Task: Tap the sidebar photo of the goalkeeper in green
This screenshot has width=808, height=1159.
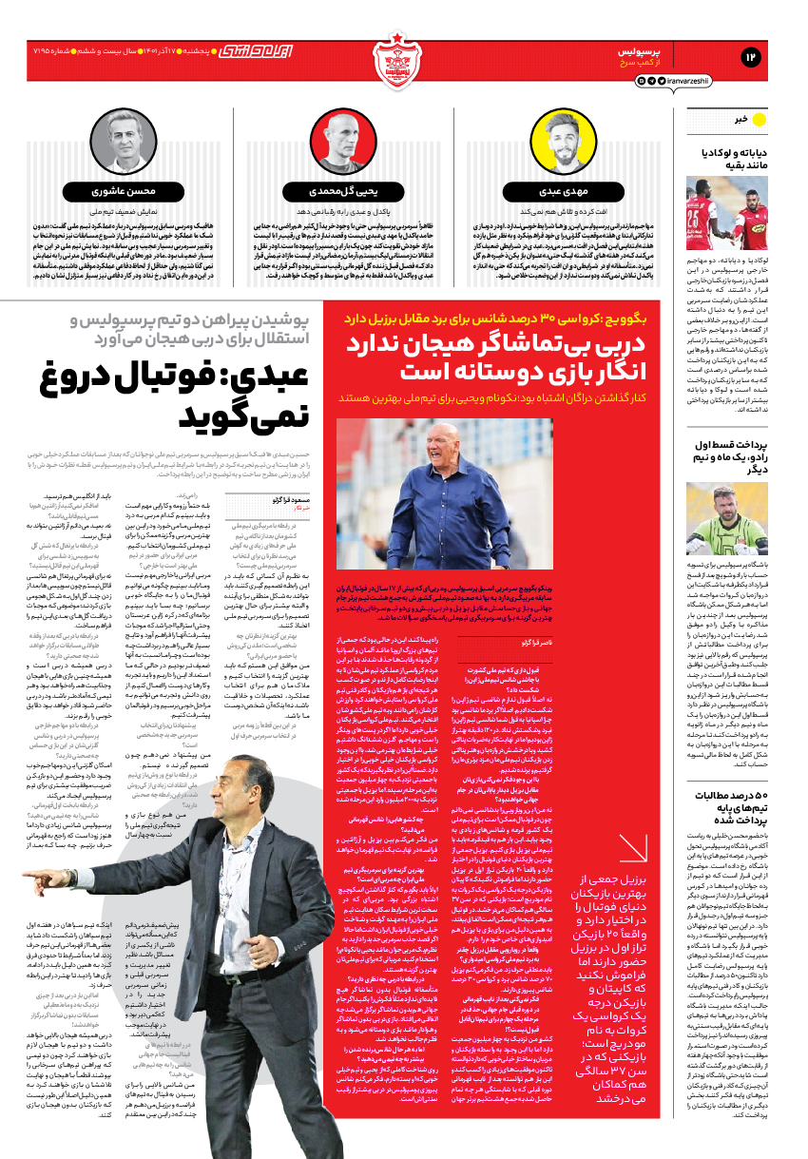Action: (740, 517)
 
